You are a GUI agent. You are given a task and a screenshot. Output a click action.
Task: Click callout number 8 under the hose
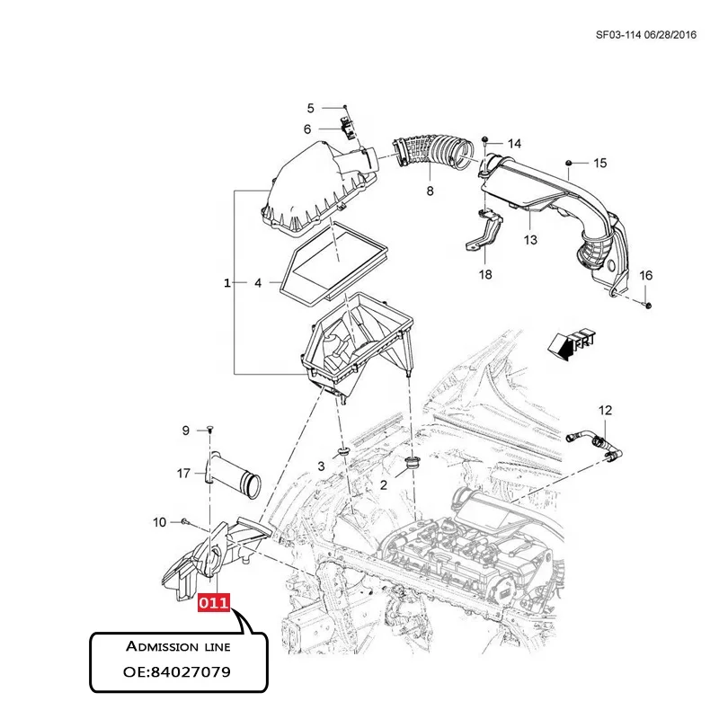click(x=430, y=191)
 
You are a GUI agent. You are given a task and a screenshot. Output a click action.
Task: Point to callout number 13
click(x=530, y=240)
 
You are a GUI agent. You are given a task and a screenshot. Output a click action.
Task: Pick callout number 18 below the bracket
click(x=485, y=274)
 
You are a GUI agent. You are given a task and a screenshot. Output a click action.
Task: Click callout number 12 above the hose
click(x=605, y=411)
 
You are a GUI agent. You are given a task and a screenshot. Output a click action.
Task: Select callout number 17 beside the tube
click(x=183, y=474)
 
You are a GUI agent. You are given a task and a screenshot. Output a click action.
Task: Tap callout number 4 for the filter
click(x=257, y=283)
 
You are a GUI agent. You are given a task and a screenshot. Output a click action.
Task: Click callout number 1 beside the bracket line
click(x=226, y=283)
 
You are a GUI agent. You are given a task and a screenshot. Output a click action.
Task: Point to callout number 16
click(x=645, y=275)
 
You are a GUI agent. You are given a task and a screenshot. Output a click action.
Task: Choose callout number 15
click(x=599, y=163)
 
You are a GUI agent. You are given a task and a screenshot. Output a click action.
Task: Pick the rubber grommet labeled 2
click(x=413, y=464)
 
